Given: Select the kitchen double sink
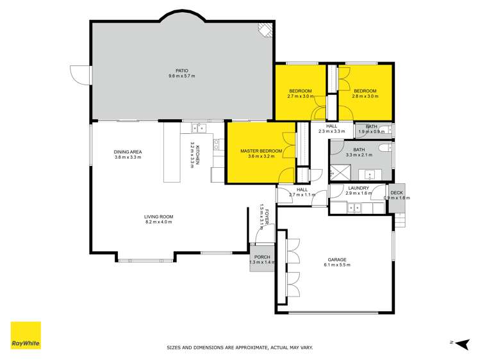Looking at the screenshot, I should coord(197,127).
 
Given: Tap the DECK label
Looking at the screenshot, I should coord(397,192).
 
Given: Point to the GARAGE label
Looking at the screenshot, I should coord(336,259).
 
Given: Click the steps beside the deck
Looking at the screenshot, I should coord(400,220).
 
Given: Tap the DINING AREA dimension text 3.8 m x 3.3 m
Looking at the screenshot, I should coord(128,157).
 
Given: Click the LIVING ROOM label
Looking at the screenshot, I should coord(158,217).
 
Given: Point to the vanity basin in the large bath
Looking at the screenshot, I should coord(370,173).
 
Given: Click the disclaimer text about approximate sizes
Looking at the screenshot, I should coord(240,348).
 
